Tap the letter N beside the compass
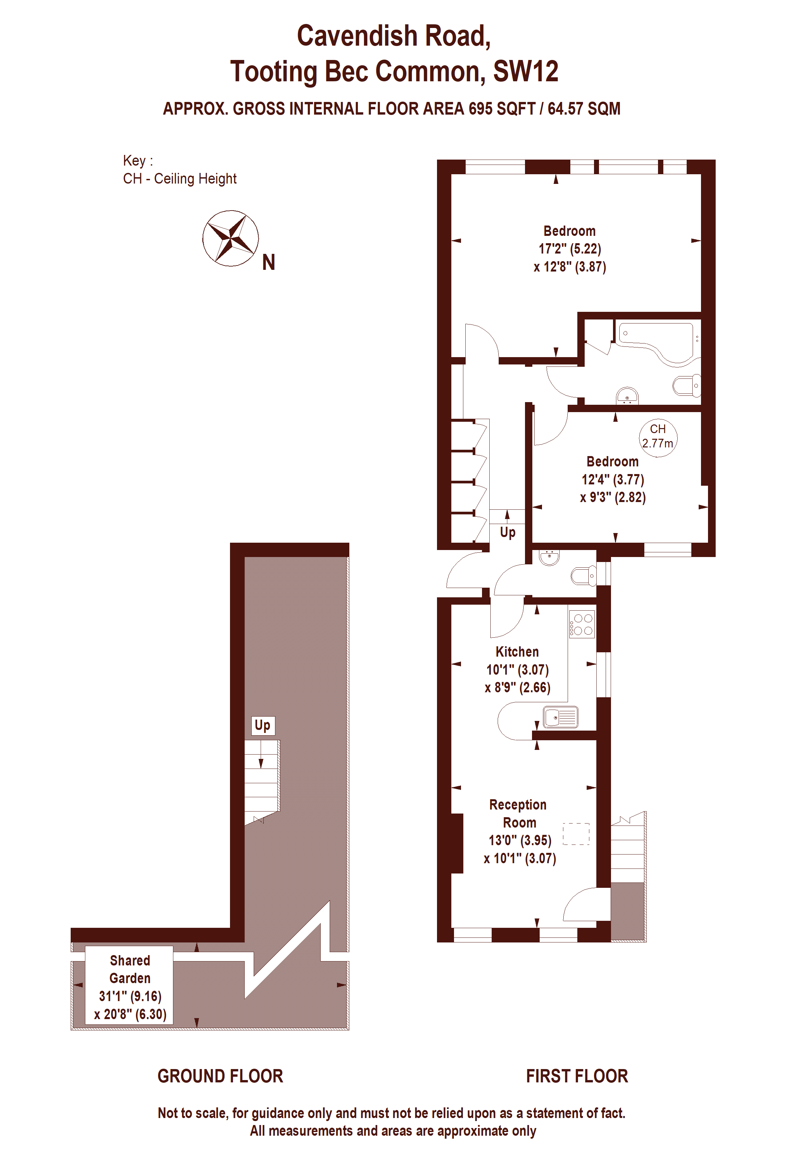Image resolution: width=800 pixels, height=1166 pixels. pyautogui.click(x=269, y=263)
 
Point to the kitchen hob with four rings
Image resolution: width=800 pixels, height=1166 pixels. pyautogui.click(x=582, y=624)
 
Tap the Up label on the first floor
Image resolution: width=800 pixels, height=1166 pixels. pyautogui.click(x=508, y=532)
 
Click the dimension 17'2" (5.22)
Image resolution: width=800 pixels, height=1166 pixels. pyautogui.click(x=570, y=249)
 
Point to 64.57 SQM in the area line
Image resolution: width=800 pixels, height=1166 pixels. pyautogui.click(x=584, y=109)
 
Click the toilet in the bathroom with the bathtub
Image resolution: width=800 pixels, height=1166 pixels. pyautogui.click(x=687, y=385)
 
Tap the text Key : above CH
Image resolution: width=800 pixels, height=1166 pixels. pyautogui.click(x=138, y=161)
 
